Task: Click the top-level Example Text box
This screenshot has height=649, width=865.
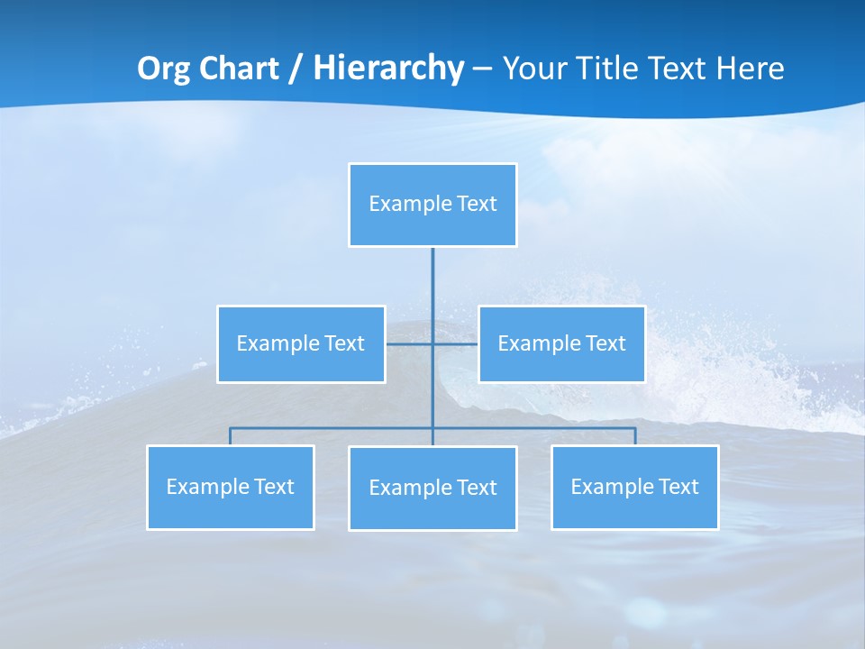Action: (432, 205)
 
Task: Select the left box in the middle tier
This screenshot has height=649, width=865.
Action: (301, 343)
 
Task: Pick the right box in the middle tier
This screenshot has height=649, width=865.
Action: (561, 343)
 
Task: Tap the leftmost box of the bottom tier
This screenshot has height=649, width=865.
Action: (230, 487)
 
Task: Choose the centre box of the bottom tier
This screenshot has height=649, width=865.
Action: (432, 488)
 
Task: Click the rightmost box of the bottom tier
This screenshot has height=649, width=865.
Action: (634, 487)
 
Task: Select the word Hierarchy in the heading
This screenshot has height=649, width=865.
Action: (387, 69)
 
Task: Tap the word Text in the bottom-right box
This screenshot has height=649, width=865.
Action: (678, 487)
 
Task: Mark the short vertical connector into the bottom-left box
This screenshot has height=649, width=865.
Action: (230, 436)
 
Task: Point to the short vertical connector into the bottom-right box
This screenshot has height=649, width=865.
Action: (634, 436)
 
